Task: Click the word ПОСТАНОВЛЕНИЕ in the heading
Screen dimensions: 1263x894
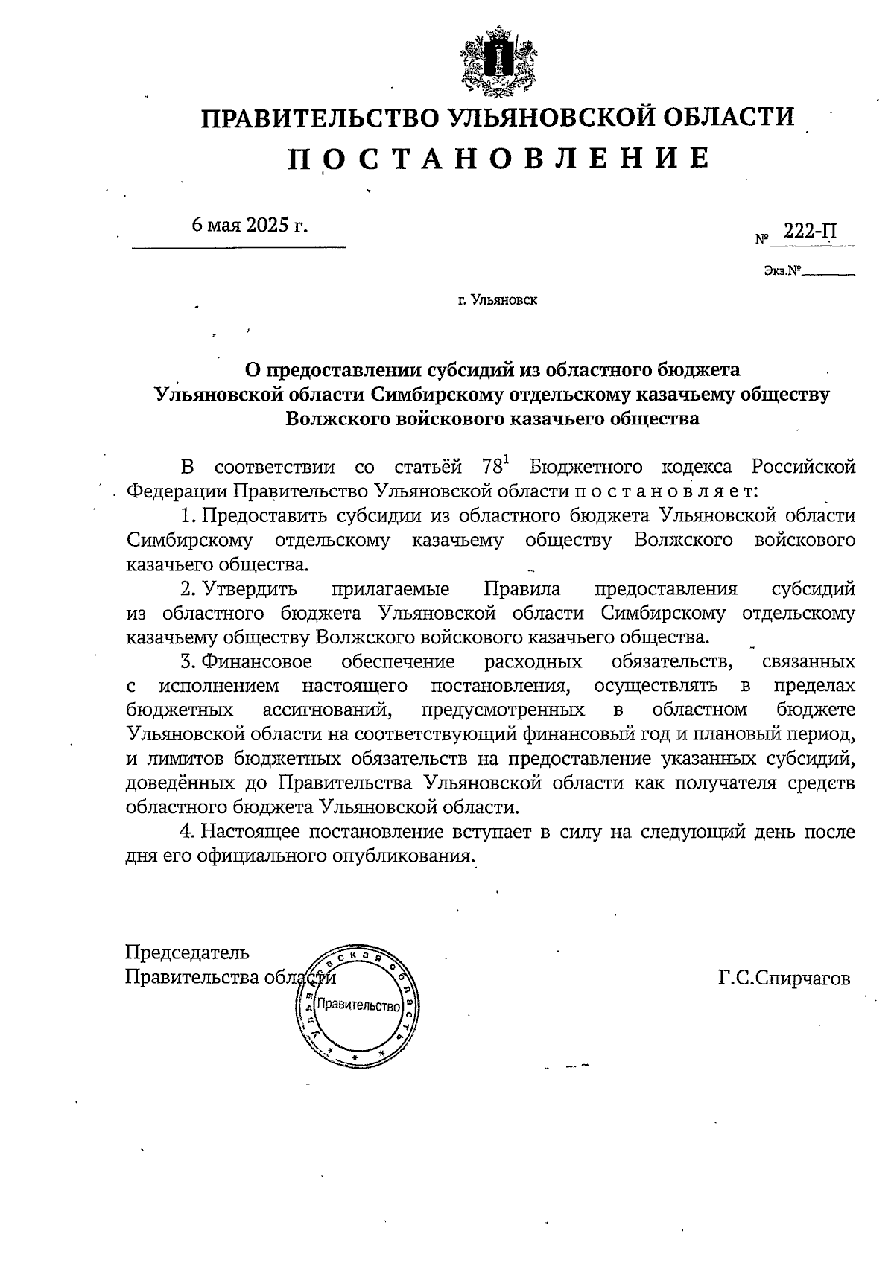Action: [498, 158]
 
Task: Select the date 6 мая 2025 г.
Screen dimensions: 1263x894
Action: [249, 224]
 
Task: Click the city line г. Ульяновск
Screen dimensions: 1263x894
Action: [497, 300]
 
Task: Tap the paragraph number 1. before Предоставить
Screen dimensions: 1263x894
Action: [188, 515]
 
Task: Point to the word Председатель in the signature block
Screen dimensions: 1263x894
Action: [187, 952]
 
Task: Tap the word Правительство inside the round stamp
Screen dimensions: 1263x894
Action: [359, 1006]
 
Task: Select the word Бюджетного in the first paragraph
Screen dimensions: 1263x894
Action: [586, 467]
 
